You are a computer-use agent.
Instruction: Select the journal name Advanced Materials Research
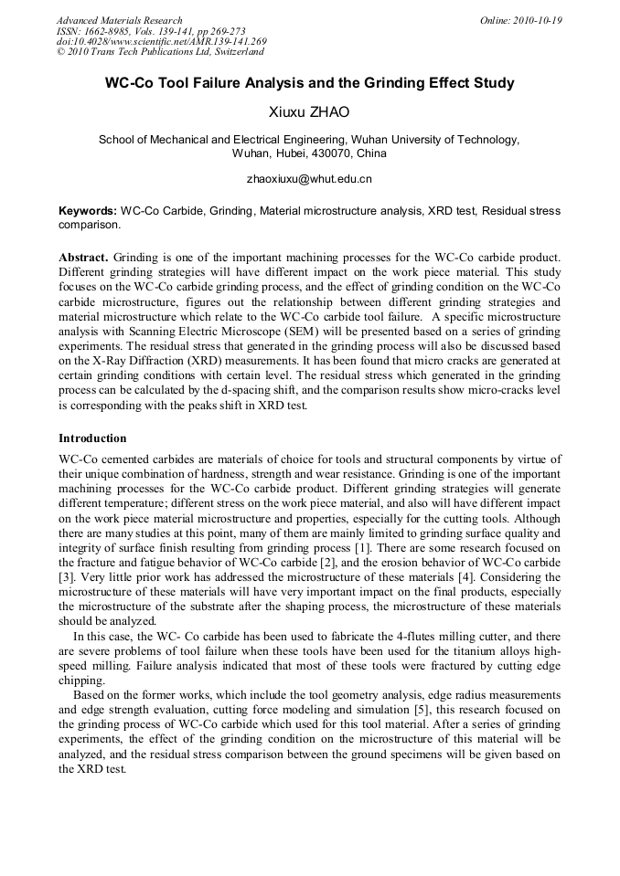pyautogui.click(x=119, y=20)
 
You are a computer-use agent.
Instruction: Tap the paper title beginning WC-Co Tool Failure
pyautogui.click(x=309, y=83)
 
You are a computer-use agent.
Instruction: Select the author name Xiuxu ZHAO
pyautogui.click(x=309, y=112)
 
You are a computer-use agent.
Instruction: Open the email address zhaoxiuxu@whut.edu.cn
pyautogui.click(x=309, y=179)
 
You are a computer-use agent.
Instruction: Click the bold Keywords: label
pyautogui.click(x=88, y=211)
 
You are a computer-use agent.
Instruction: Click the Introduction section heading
pyautogui.click(x=92, y=438)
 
